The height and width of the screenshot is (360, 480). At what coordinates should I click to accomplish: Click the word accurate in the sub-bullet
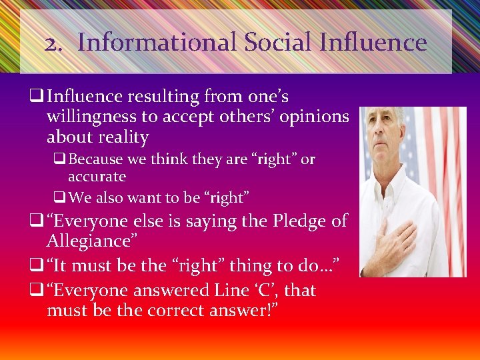[97, 177]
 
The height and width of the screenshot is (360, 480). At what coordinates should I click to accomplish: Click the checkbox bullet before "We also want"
[59, 197]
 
